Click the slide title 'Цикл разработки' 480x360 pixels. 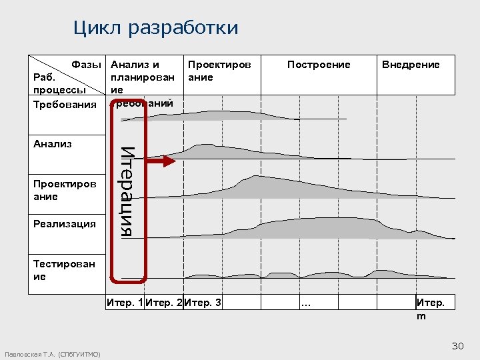click(155, 28)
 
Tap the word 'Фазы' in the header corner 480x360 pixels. click(86, 65)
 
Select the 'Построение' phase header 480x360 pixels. click(318, 65)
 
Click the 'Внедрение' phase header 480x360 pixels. click(411, 65)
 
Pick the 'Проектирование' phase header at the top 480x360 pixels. click(219, 71)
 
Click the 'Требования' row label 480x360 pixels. click(64, 104)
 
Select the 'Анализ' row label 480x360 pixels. click(52, 143)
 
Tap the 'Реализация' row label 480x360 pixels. click(64, 224)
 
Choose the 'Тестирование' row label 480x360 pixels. click(63, 270)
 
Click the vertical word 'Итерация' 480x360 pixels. click(129, 191)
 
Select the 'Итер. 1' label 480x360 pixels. click(125, 303)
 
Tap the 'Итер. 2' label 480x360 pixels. click(163, 303)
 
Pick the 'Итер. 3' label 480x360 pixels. click(203, 303)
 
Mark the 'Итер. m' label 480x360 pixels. click(429, 309)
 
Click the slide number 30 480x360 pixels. click(457, 345)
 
